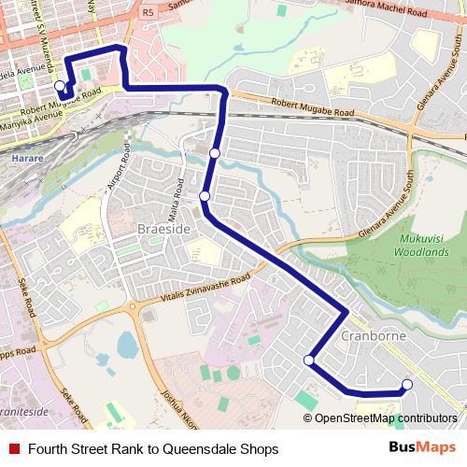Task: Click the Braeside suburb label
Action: click(163, 228)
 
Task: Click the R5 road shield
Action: click(149, 13)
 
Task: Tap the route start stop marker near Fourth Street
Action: click(60, 86)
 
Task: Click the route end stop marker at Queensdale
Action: click(406, 383)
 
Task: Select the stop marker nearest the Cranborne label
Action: click(308, 360)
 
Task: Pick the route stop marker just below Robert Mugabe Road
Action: click(215, 152)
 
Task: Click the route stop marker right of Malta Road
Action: click(205, 195)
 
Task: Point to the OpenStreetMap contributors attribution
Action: click(386, 418)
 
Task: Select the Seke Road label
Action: click(24, 297)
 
